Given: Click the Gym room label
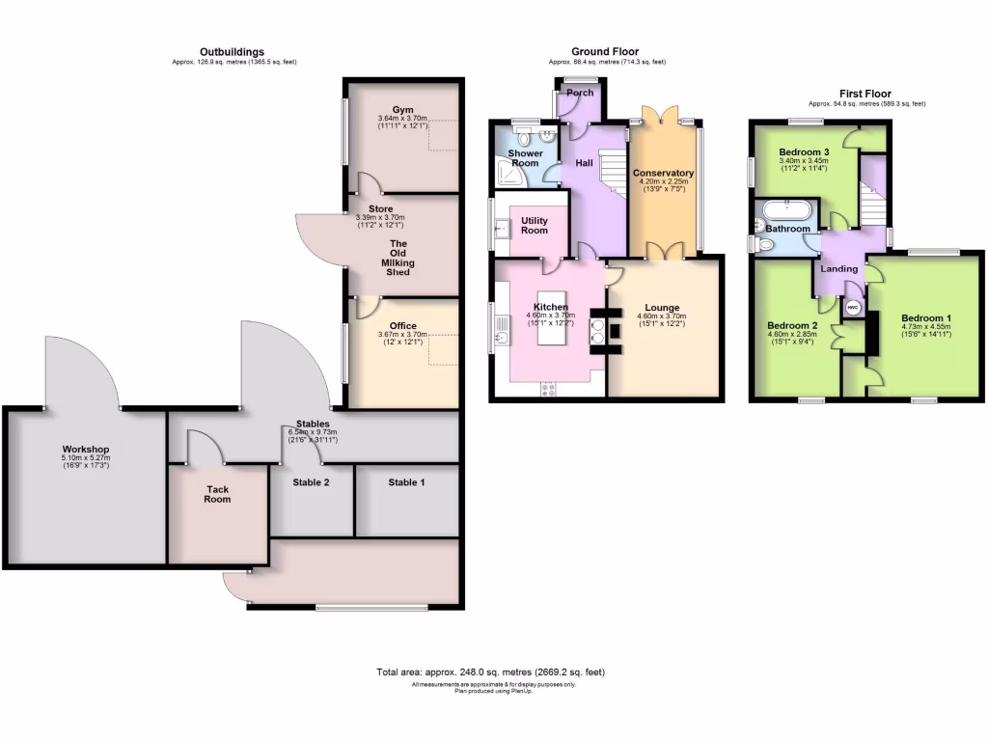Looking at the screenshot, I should (402, 110).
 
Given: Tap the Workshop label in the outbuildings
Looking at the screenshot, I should (86, 450).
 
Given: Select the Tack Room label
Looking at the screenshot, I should (217, 494).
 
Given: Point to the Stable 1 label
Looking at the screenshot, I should (406, 481).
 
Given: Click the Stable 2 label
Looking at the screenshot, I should (312, 481).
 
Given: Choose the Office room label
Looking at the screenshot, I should (402, 326).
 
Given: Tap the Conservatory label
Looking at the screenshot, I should (663, 174).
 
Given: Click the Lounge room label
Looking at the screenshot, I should (662, 308).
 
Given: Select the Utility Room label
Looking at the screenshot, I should (535, 226).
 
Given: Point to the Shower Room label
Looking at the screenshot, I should (525, 158).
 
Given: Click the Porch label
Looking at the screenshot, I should (580, 93).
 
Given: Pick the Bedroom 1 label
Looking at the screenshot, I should (926, 317).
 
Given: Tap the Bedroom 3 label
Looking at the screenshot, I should (805, 152).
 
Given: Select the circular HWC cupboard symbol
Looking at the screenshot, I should (853, 308).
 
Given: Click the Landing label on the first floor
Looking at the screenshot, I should (839, 268).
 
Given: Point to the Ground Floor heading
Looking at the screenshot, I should (604, 52).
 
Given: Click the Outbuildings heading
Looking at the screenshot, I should (232, 52).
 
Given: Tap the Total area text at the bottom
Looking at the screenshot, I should (490, 672).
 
